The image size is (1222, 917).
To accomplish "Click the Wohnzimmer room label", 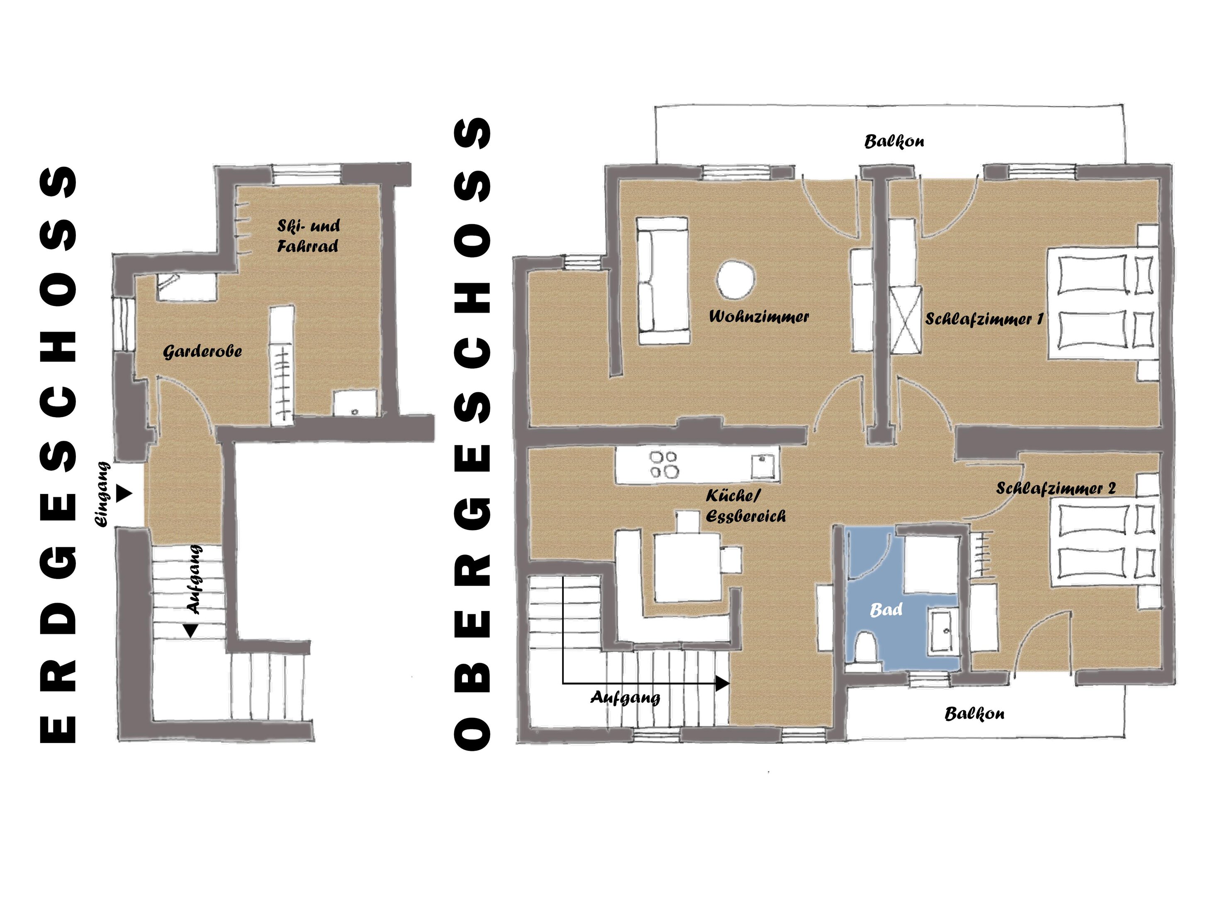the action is [x=759, y=317].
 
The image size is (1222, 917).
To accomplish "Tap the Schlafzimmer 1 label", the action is [x=984, y=319].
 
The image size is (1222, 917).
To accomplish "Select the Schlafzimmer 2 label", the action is [x=1056, y=488].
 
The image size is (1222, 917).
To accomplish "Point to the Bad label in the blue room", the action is [x=886, y=610].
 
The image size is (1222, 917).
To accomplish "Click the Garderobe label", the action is [x=202, y=352].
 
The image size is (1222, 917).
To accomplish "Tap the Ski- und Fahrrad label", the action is [x=308, y=235].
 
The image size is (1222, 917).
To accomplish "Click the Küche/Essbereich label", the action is [x=745, y=506].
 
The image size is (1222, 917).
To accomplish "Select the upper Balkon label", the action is [x=894, y=142].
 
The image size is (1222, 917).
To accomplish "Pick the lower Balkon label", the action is [x=974, y=714].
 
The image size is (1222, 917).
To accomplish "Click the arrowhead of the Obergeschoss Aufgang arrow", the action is [x=723, y=684].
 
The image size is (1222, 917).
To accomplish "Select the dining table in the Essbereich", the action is [x=688, y=567].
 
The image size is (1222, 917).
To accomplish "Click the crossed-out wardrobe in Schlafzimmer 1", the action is [x=906, y=320].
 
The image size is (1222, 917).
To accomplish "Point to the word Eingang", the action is [x=103, y=494].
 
